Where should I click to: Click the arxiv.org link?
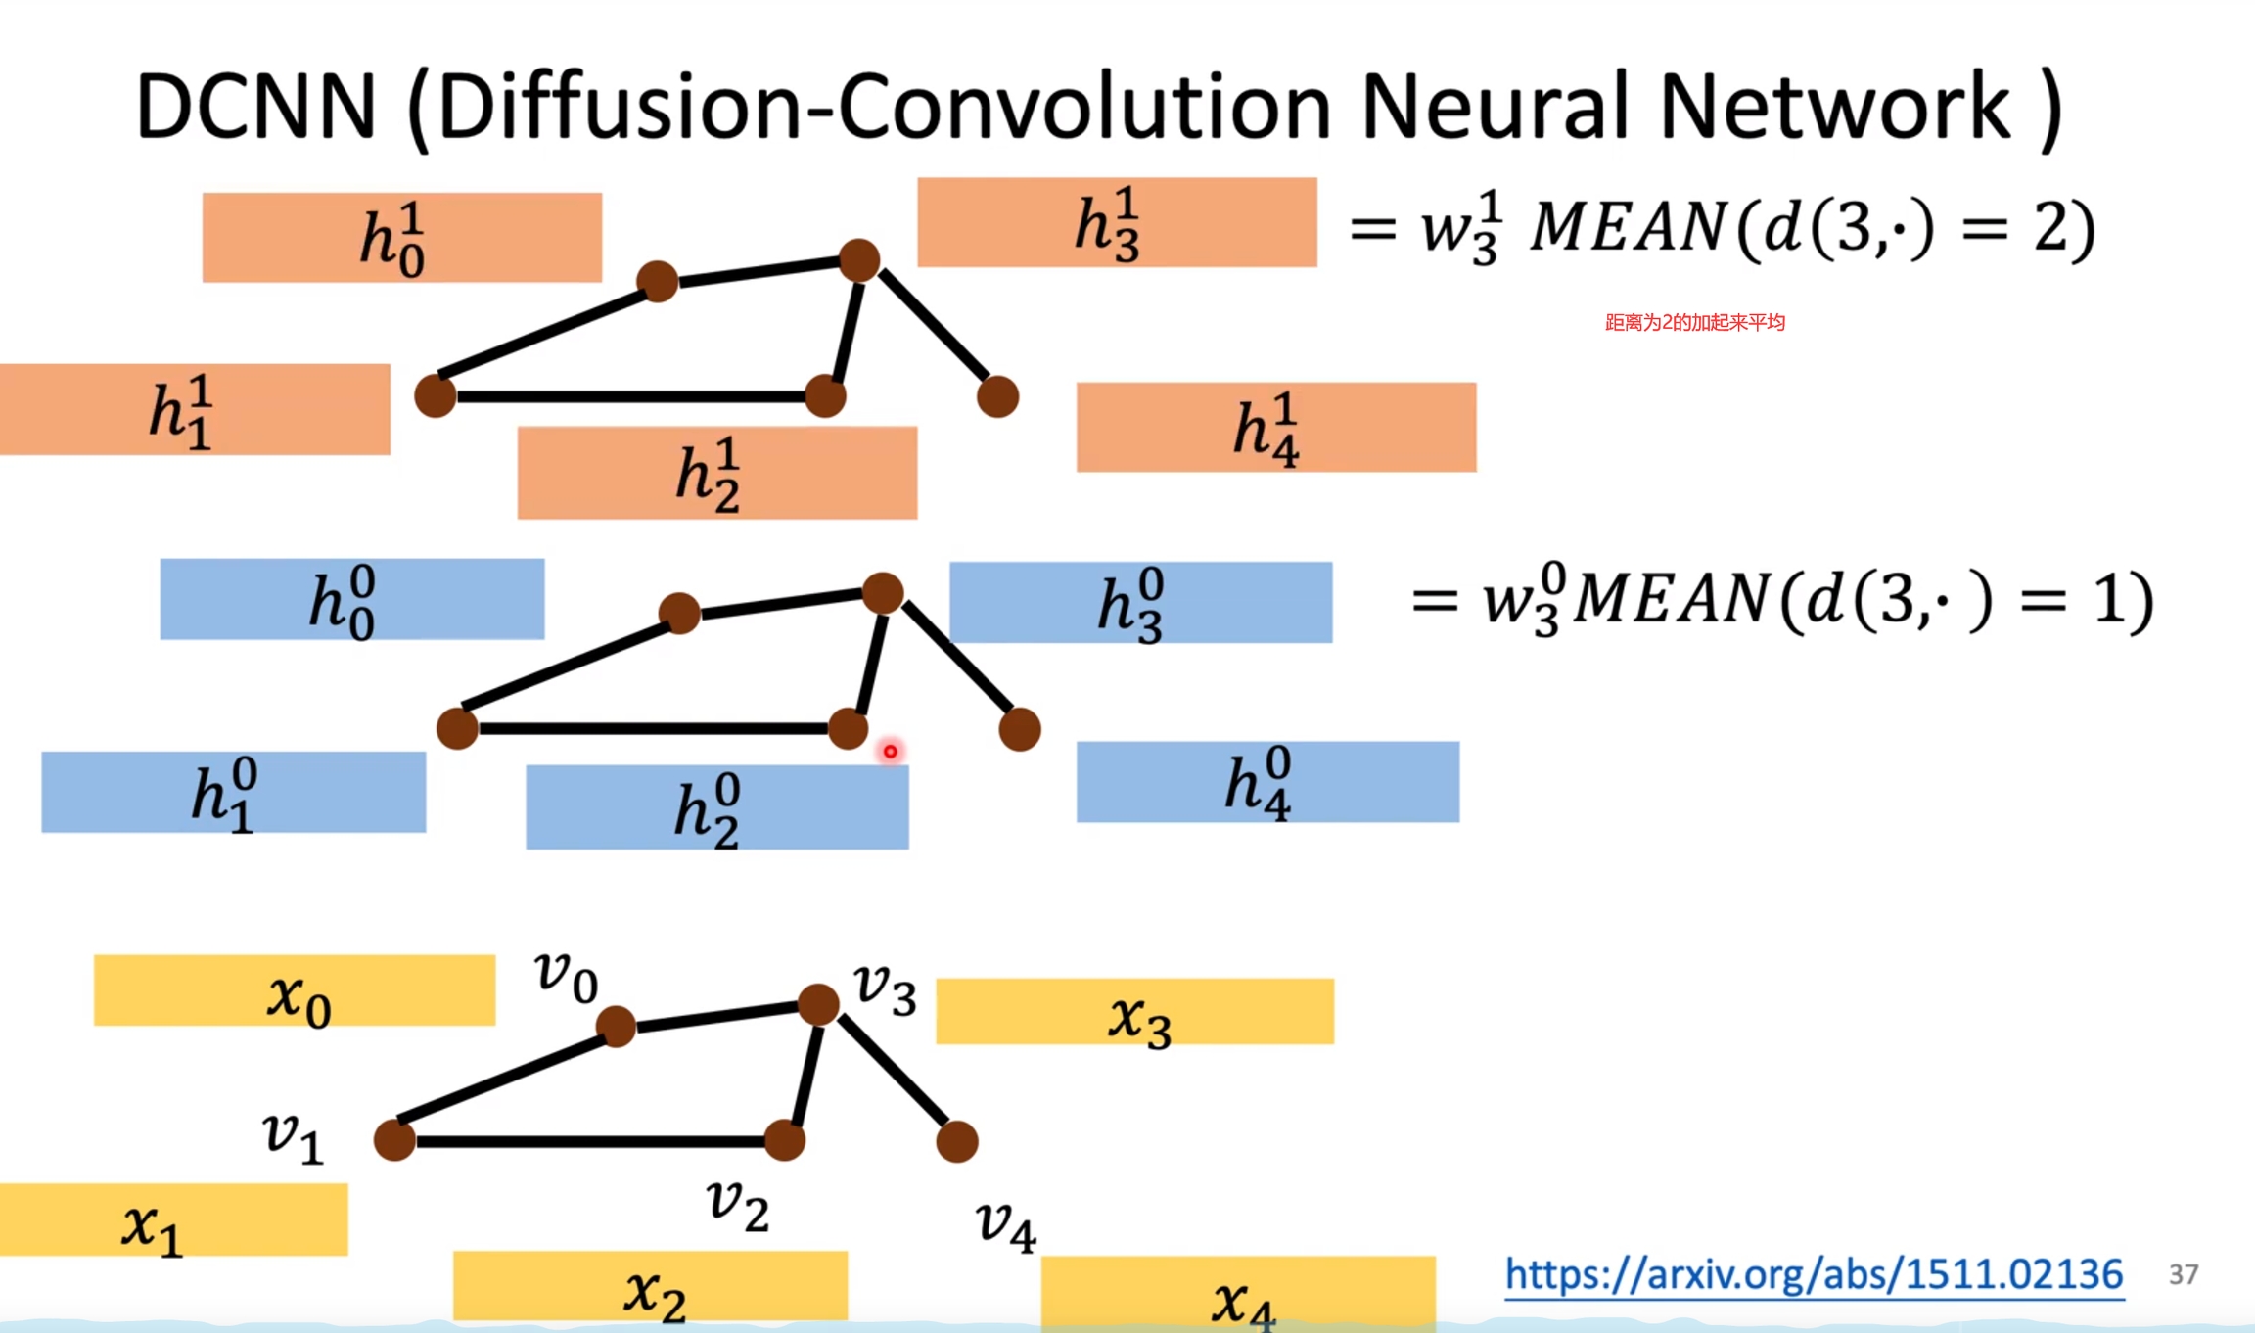click(x=1814, y=1274)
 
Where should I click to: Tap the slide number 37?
click(x=2184, y=1274)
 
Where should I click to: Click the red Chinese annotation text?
click(x=1695, y=322)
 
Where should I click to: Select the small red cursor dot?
click(x=890, y=752)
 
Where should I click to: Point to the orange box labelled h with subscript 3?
click(x=1117, y=222)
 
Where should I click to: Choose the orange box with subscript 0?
click(x=401, y=238)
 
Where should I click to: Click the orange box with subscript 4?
click(x=1275, y=428)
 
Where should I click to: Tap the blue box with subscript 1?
click(x=233, y=793)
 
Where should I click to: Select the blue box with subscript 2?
click(x=716, y=807)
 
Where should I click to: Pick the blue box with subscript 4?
click(x=1267, y=782)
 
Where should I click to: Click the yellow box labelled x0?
click(x=294, y=990)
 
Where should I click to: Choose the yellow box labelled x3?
click(x=1134, y=1012)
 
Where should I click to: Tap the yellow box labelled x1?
click(x=173, y=1219)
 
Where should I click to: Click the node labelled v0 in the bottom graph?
click(x=616, y=1027)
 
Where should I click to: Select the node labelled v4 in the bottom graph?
click(x=956, y=1142)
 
